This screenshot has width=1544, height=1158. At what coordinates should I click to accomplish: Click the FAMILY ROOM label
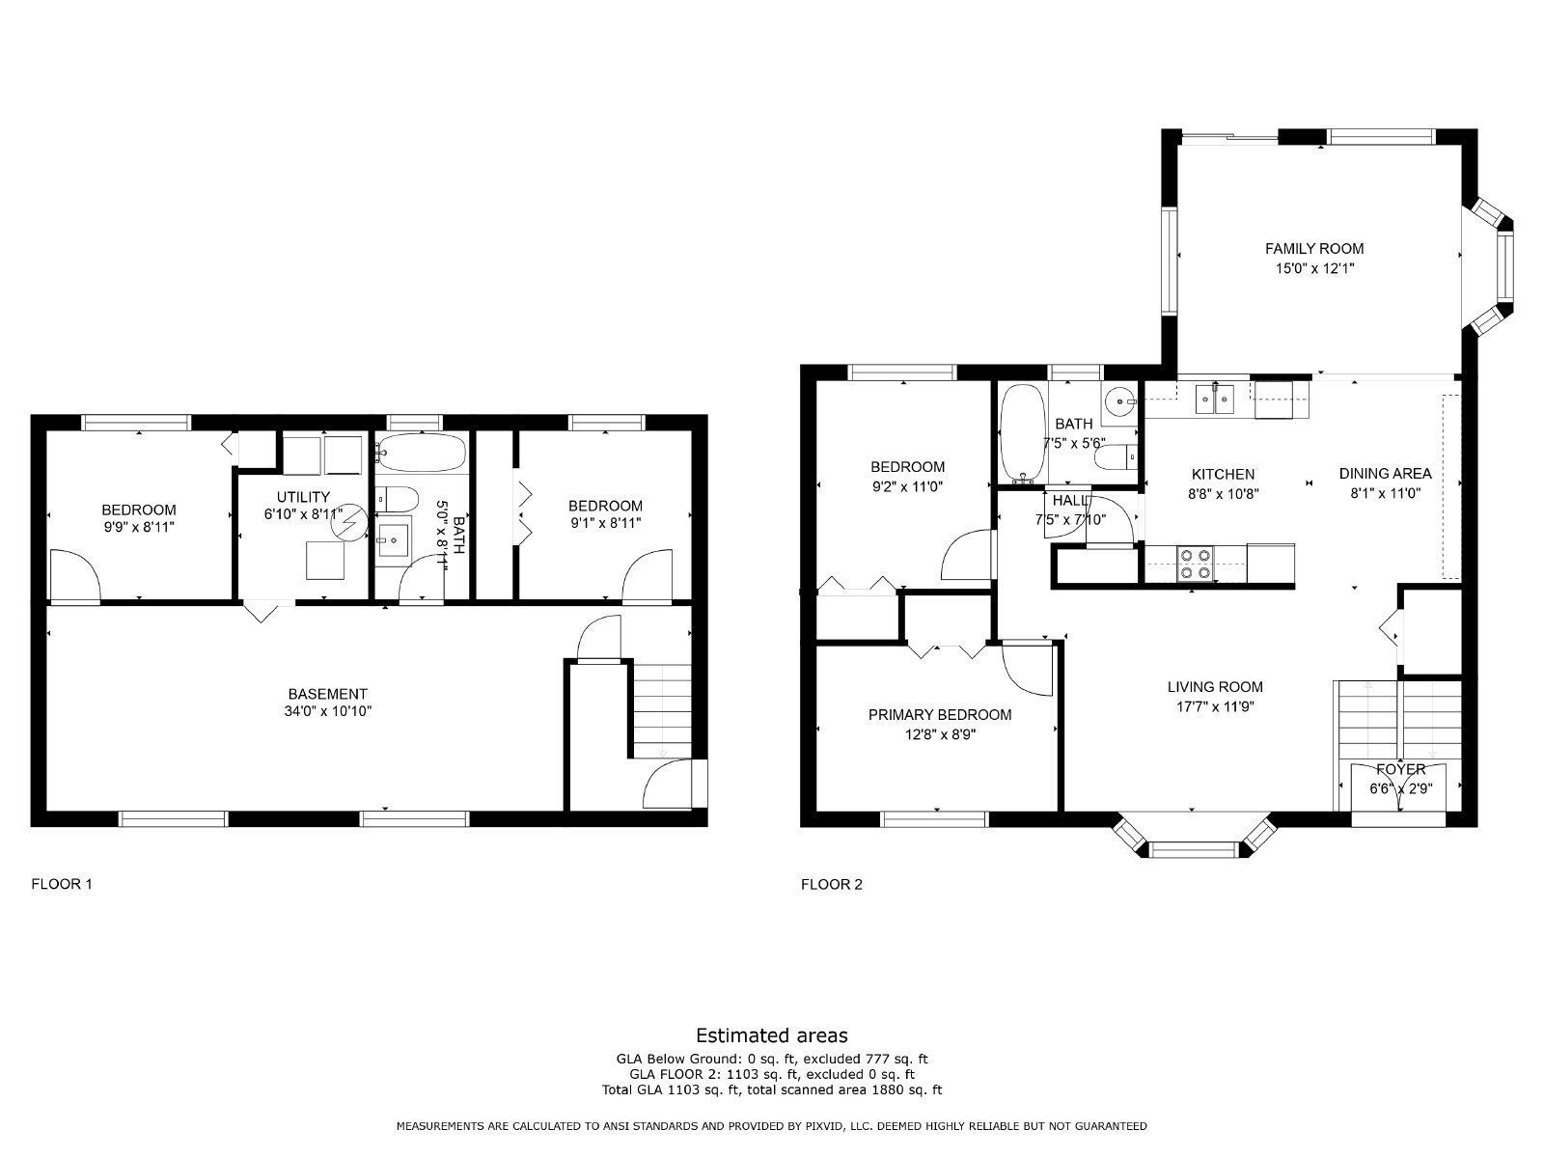click(x=1314, y=249)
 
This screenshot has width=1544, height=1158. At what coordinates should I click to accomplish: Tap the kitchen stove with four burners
click(x=1196, y=564)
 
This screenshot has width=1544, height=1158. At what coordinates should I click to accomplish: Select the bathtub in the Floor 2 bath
click(x=1022, y=433)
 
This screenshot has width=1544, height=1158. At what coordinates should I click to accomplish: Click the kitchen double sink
click(x=1214, y=398)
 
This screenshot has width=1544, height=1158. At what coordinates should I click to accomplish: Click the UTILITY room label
click(x=303, y=497)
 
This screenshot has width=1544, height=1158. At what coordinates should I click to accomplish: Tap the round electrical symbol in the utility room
click(x=346, y=524)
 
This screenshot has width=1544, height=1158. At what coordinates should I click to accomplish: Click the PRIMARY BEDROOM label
click(x=939, y=715)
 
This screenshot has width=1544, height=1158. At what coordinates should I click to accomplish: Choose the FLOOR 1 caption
click(x=62, y=883)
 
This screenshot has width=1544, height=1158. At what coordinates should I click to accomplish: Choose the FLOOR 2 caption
click(x=831, y=884)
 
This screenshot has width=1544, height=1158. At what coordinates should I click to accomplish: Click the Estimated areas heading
click(x=772, y=1035)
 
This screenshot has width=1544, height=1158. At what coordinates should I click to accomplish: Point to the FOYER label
click(x=1400, y=769)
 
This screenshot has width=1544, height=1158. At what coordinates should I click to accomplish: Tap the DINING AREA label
click(x=1385, y=474)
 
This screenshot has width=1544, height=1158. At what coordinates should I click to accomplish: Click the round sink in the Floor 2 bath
click(x=1119, y=399)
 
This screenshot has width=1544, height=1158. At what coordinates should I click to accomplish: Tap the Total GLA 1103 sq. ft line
click(x=772, y=1090)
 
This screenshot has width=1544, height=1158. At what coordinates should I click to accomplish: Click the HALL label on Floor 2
click(x=1071, y=501)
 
